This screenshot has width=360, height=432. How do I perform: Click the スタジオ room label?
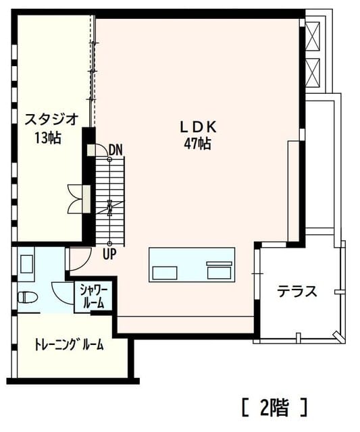point(52,119)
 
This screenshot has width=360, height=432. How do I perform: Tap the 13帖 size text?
point(48,137)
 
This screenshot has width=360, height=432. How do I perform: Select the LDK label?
point(198,127)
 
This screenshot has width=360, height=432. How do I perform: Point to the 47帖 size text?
point(198,144)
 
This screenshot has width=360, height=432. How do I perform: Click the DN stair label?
point(115,151)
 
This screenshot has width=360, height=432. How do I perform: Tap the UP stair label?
point(109,254)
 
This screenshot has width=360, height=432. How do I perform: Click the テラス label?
point(297,291)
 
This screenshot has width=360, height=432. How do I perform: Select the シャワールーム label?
point(94,297)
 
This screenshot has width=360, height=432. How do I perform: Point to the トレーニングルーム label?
point(69,344)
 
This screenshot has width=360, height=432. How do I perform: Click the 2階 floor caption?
point(274,407)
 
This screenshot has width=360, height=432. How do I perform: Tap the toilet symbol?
point(27,298)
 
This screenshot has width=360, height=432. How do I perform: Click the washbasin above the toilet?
point(27,264)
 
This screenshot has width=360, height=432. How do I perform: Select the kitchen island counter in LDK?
point(192,265)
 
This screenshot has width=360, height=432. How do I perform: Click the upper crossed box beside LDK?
point(313,36)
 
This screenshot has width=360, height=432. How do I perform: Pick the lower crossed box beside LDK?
point(313,72)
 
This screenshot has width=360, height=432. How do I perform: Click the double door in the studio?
point(76,198)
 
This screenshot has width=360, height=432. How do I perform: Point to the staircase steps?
point(110,201)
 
